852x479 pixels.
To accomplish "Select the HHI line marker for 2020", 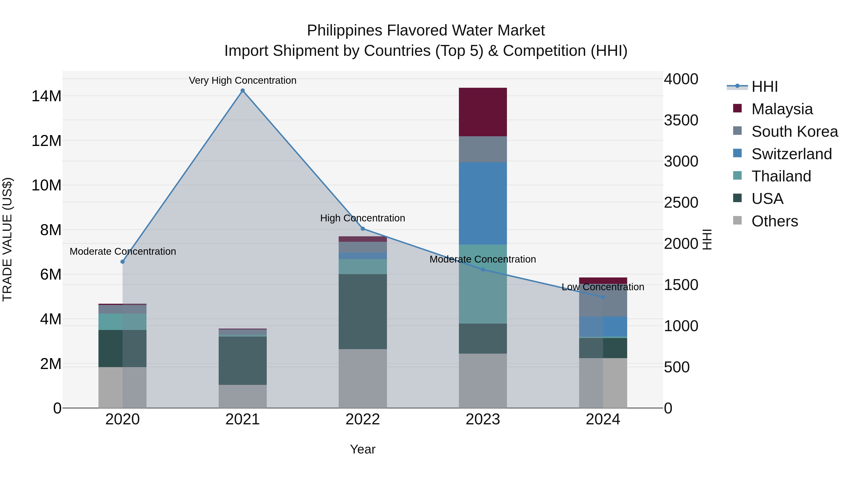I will pyautogui.click(x=122, y=261).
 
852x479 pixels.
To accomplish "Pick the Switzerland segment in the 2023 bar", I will pyautogui.click(x=483, y=203).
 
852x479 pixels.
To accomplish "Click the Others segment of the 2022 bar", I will pyautogui.click(x=363, y=378).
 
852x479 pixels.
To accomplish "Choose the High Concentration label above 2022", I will pyautogui.click(x=363, y=218).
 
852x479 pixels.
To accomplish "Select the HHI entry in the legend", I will pyautogui.click(x=764, y=87).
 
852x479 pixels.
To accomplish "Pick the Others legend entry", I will pyautogui.click(x=774, y=221).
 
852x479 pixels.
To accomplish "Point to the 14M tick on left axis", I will pyautogui.click(x=46, y=96).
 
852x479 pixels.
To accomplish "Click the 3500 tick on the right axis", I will pyautogui.click(x=681, y=120).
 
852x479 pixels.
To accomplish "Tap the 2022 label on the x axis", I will pyautogui.click(x=363, y=419).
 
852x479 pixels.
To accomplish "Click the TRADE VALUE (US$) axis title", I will pyautogui.click(x=7, y=239).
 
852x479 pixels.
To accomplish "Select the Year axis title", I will pyautogui.click(x=363, y=449).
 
